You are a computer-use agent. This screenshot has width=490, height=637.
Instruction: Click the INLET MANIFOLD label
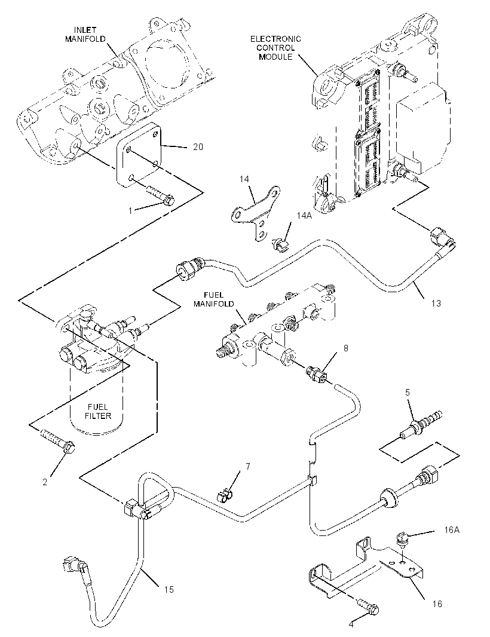85,35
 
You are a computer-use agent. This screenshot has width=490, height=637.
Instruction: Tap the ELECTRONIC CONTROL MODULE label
275,48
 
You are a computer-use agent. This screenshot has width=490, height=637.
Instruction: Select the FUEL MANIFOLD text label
214,299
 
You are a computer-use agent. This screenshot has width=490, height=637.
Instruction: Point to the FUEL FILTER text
98,411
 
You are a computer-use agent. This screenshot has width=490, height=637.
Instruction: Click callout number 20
198,146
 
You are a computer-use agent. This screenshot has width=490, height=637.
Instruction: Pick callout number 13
436,303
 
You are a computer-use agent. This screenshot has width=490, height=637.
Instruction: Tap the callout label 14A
304,216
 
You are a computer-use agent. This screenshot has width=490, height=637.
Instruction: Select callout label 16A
451,530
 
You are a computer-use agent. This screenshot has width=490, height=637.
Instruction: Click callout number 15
169,589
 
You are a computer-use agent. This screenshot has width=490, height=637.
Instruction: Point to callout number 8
346,348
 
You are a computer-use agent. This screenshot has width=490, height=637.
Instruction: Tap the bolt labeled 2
57,440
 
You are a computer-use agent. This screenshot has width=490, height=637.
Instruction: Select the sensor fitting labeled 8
316,373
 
